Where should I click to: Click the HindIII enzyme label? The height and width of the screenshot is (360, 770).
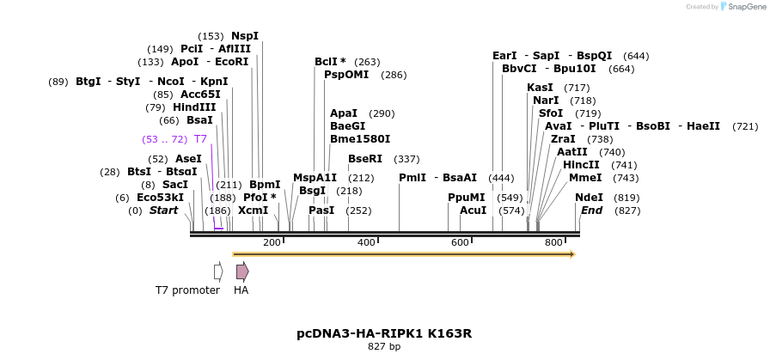(194, 107)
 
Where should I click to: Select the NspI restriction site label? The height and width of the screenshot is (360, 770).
(245, 36)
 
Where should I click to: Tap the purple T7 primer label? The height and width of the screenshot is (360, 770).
(200, 138)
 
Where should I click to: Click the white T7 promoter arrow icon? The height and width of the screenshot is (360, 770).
(218, 272)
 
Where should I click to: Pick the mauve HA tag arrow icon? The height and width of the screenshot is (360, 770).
(242, 272)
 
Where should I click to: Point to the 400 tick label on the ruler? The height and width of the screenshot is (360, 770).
(367, 243)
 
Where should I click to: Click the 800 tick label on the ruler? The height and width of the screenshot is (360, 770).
(554, 243)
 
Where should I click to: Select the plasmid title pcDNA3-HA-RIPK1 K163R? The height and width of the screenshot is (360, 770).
(384, 333)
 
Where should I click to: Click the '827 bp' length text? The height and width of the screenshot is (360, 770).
(384, 347)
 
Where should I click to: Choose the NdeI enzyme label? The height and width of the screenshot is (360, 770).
(589, 197)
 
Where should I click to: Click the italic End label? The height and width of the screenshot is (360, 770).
(591, 211)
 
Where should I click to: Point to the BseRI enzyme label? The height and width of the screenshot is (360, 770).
(365, 159)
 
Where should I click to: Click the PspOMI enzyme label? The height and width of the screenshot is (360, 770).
(345, 75)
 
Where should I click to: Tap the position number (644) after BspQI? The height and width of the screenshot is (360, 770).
(636, 56)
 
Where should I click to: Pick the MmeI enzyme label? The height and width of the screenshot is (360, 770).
(585, 178)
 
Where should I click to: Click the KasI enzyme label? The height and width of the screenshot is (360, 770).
(540, 88)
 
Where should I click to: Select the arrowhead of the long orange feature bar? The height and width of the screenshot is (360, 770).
(572, 254)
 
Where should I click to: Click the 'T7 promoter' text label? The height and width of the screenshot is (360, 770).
(187, 290)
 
